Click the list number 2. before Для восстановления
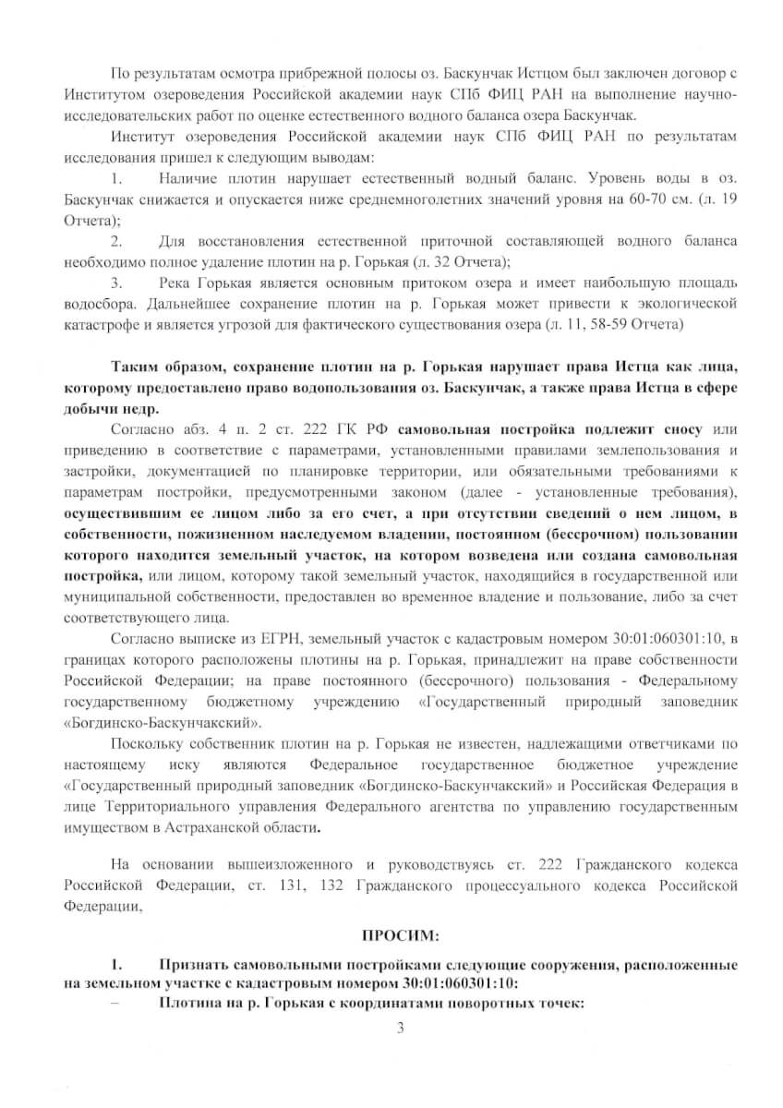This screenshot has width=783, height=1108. tap(117, 242)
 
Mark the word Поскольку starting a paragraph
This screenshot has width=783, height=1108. tap(148, 743)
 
